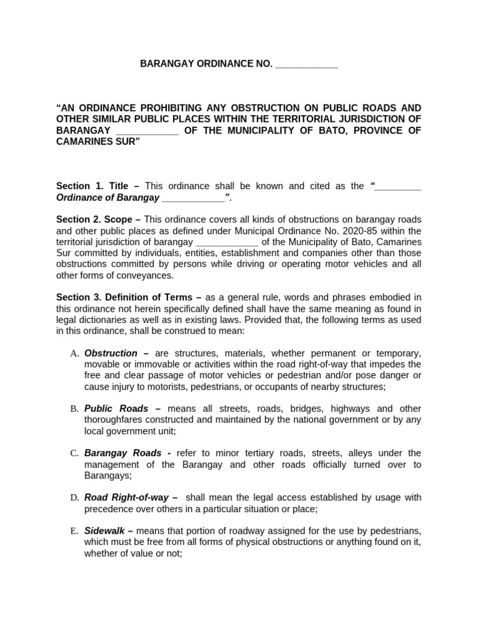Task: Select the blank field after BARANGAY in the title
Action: tap(147, 131)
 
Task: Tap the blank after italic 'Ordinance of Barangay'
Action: tap(193, 198)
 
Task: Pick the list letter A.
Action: tap(74, 353)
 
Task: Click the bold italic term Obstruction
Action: tap(111, 353)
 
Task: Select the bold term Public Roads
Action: tap(116, 409)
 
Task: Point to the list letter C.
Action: tap(74, 453)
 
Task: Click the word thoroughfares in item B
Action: tap(113, 420)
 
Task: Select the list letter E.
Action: tap(74, 531)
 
